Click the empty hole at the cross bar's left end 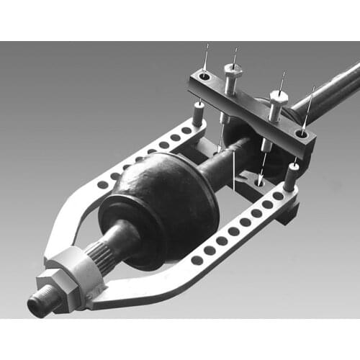pyautogui.click(x=205, y=75)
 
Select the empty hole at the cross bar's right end pyautogui.click(x=302, y=134)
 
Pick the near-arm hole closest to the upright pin pyautogui.click(x=278, y=196)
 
